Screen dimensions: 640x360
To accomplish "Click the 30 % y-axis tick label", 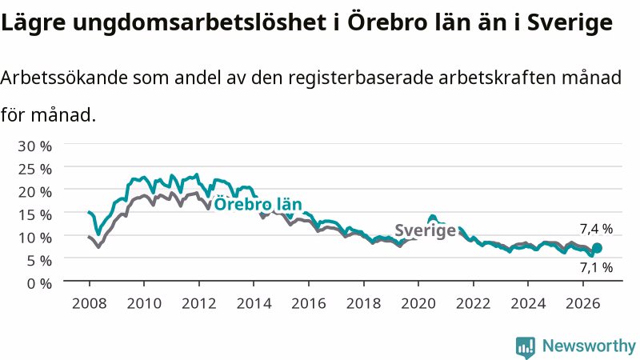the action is (x=34, y=146).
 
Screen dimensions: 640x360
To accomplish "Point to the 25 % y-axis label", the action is (x=34, y=169).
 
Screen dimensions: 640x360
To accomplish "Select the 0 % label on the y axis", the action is (x=39, y=283).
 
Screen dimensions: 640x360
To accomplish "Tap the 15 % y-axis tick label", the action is (x=34, y=214).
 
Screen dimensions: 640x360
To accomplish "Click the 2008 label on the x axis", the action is (x=90, y=304).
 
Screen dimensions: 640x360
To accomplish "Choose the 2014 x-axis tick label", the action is (x=254, y=304).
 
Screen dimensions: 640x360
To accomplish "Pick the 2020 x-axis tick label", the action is (x=418, y=304).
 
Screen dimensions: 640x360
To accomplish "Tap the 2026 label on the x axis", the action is (x=583, y=304).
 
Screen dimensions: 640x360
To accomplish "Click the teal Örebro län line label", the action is (x=258, y=204).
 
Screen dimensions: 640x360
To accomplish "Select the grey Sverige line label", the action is (x=425, y=230).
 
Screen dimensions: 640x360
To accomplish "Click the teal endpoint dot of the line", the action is (x=597, y=248).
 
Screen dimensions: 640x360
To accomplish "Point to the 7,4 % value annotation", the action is (x=596, y=229).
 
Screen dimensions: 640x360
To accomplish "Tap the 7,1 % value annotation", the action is (x=596, y=268).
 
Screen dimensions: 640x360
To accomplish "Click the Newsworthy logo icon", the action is (x=526, y=347).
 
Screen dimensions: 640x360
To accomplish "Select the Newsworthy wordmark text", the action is (x=589, y=346).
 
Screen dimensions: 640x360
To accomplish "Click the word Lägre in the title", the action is (x=34, y=23).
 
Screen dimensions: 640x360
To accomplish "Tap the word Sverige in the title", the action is (x=570, y=23).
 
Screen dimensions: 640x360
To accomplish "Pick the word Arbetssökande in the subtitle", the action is (x=64, y=78).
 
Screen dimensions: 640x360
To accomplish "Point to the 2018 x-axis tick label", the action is (x=364, y=304).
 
